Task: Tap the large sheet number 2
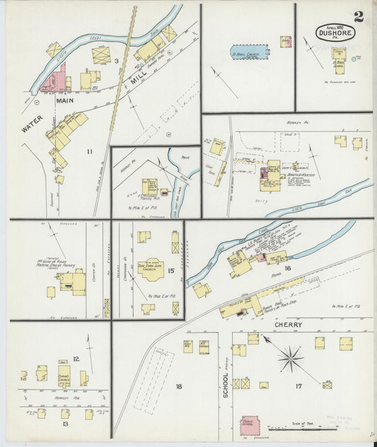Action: click(x=359, y=16)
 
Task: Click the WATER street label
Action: click(x=33, y=124)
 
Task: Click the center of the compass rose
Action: click(x=290, y=358)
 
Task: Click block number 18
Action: click(x=178, y=385)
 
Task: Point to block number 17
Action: click(x=299, y=386)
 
